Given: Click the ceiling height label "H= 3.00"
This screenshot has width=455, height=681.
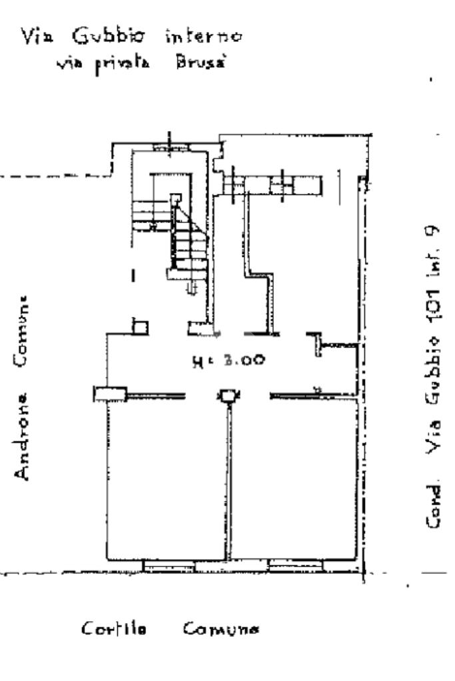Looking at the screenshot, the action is coord(228,361).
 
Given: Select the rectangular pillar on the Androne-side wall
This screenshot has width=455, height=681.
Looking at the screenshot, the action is coord(110,394).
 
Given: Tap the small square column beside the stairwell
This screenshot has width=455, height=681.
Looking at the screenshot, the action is coord(140,326).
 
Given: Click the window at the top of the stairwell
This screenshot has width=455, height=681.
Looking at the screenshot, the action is coord(169,147).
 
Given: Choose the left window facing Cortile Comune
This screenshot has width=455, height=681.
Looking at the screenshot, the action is coord(169,567).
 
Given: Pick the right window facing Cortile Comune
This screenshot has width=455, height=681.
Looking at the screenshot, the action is coord(296,567).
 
